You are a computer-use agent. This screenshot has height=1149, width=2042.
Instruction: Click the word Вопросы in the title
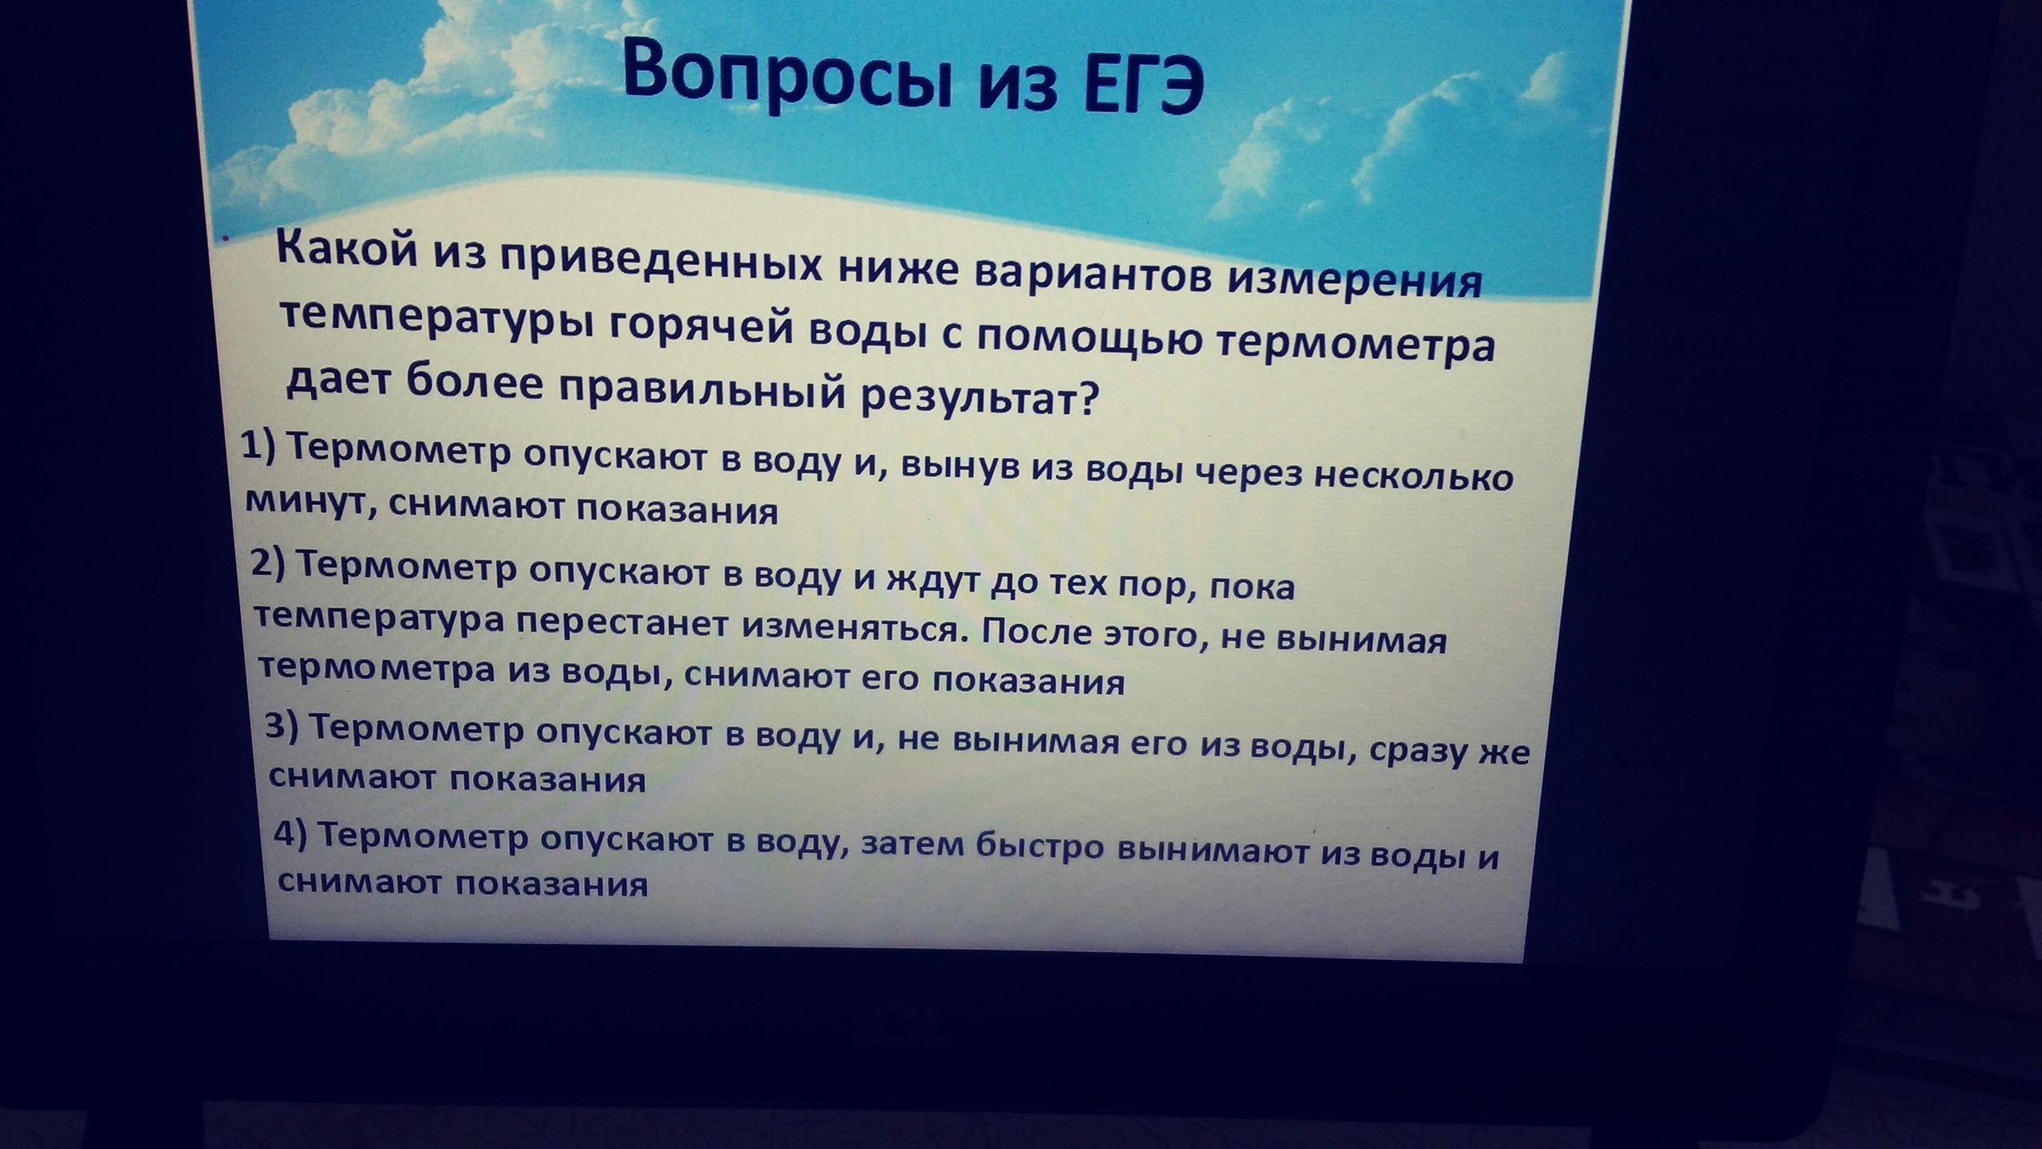788,75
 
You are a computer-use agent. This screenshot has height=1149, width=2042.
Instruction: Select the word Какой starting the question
347,250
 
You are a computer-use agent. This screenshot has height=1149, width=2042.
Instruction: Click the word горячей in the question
701,328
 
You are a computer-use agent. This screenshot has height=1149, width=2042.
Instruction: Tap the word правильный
702,390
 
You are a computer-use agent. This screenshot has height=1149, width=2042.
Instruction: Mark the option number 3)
281,726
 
